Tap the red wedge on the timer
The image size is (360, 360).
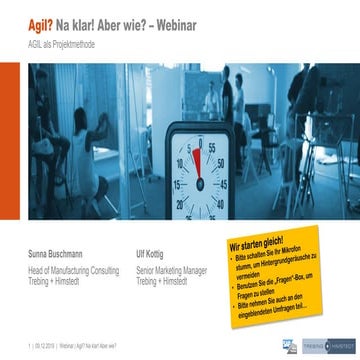[197, 160]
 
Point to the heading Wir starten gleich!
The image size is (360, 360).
[257, 243]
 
